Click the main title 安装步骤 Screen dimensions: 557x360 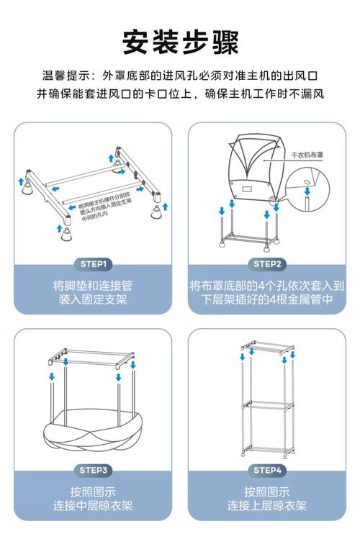tap(180, 42)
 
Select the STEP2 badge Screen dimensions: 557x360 tap(268, 263)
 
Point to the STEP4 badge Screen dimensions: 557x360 tap(268, 470)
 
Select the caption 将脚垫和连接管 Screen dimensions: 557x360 tap(91, 284)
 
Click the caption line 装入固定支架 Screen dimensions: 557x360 tap(91, 299)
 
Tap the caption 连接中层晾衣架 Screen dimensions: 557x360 tap(91, 506)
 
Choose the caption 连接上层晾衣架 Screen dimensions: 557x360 tap(268, 506)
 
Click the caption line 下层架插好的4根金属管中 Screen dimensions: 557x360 tap(268, 299)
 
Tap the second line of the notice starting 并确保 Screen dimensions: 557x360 tap(180, 94)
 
